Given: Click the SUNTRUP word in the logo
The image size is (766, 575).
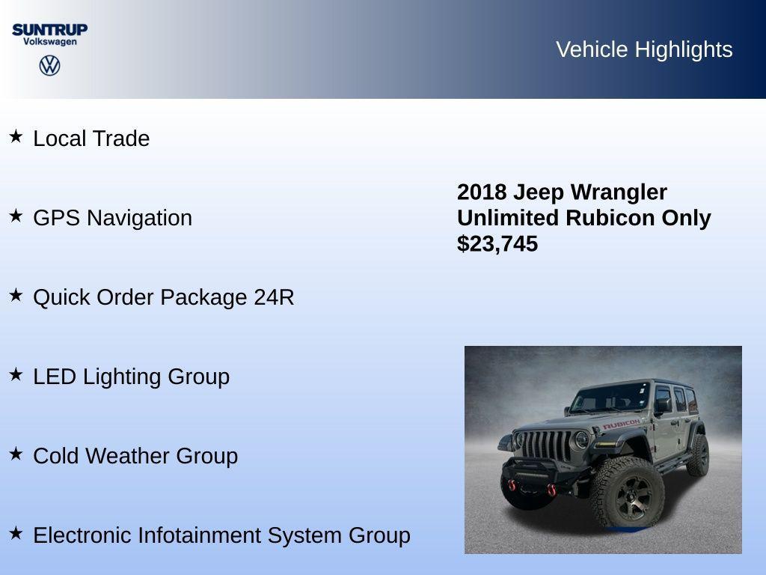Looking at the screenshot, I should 49,29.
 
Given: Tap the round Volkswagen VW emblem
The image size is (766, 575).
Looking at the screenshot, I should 49,66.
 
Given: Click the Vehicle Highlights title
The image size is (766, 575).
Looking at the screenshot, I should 644,49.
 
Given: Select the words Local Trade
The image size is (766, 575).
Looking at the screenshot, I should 91,139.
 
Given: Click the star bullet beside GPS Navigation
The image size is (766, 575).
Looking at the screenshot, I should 16,216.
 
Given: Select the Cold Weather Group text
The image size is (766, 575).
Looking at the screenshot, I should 135,456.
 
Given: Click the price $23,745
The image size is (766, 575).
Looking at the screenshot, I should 497,244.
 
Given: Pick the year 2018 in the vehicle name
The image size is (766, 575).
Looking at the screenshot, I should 482,192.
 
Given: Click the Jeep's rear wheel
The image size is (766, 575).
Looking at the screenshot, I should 699,455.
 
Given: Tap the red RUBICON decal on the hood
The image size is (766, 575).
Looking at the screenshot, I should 621,425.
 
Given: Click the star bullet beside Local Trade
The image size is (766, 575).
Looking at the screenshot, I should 16,137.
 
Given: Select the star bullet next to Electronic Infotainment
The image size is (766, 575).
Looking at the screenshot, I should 16,534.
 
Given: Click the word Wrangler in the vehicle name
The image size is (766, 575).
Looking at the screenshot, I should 619,192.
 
